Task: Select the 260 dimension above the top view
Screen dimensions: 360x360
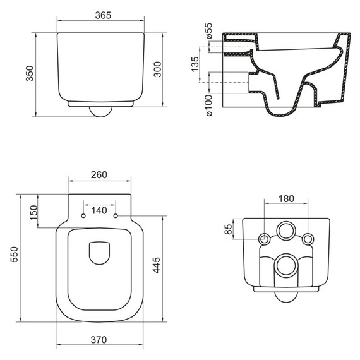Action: coord(100,174)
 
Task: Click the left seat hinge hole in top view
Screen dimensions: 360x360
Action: coord(83,216)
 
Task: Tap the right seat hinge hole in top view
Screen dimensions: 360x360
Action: coord(116,216)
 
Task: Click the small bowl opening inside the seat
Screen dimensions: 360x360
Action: coord(100,253)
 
